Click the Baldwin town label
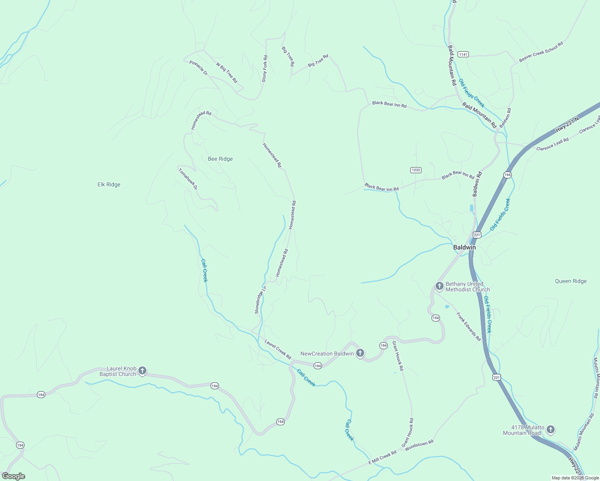click(x=464, y=247)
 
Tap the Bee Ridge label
click(x=220, y=159)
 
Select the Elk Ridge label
click(x=109, y=184)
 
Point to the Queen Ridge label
click(x=571, y=281)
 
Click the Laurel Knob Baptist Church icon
click(x=142, y=371)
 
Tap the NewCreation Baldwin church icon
click(x=360, y=353)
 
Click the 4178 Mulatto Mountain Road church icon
click(x=551, y=430)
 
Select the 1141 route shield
click(x=463, y=54)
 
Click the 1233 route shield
click(x=416, y=170)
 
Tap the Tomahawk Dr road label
click(x=188, y=179)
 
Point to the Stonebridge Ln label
click(x=260, y=300)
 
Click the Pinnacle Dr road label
click(x=199, y=68)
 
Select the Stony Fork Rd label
click(x=265, y=69)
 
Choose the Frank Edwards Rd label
click(x=468, y=327)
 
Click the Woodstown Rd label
click(x=419, y=445)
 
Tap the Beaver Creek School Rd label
click(x=541, y=52)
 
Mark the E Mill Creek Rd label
click(x=382, y=457)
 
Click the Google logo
click(x=13, y=476)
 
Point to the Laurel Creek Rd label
click(x=278, y=349)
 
